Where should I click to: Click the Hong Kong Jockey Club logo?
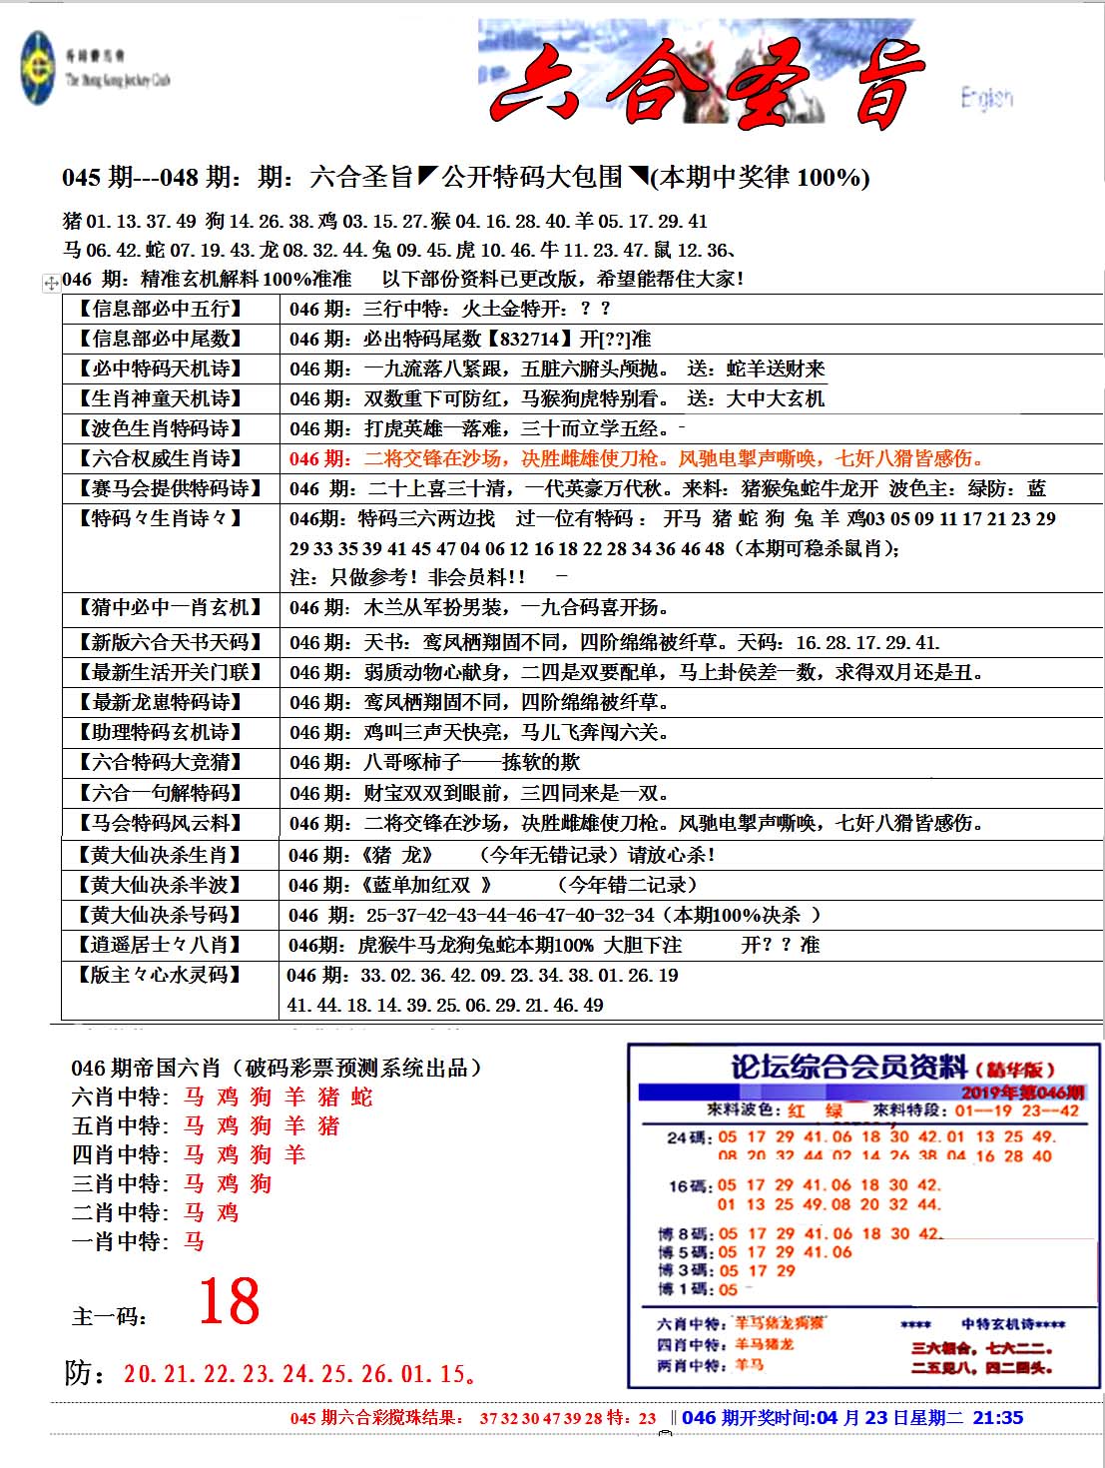pos(38,69)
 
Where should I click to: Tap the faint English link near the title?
pos(986,97)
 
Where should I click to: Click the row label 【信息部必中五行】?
pos(161,309)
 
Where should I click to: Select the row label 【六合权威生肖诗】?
pos(161,458)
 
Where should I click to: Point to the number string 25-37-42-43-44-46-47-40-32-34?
pos(510,915)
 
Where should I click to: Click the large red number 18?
pos(229,1302)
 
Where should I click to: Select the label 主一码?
pos(109,1316)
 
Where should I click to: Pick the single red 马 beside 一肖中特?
pos(194,1242)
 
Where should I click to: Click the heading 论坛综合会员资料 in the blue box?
pos(848,1067)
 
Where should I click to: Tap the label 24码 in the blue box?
pos(690,1137)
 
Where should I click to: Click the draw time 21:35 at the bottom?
pos(997,1418)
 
